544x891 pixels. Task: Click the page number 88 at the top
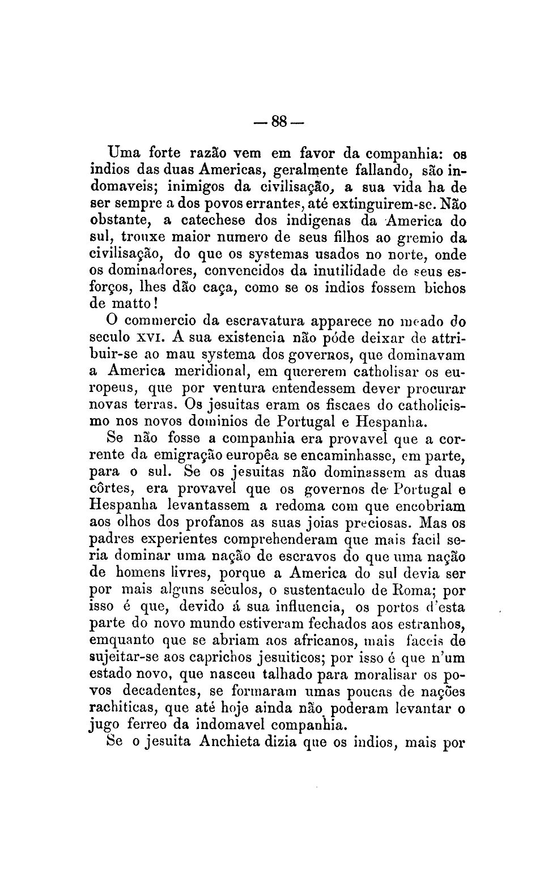[280, 121]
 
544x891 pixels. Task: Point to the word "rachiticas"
[123, 709]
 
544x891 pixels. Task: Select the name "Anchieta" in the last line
[228, 742]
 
